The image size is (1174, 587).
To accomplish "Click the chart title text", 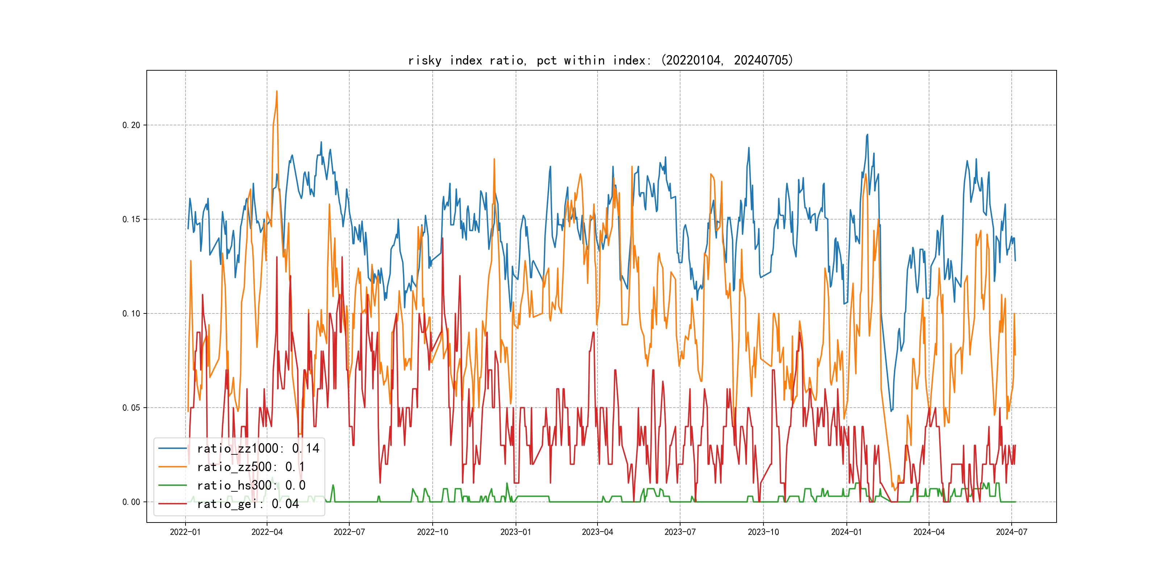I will tap(601, 60).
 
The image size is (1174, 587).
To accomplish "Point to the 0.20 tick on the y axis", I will tap(131, 125).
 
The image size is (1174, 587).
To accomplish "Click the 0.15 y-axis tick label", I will tap(131, 220).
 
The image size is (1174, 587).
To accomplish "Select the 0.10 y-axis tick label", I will tap(131, 313).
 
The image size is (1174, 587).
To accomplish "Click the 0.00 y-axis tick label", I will tap(131, 502).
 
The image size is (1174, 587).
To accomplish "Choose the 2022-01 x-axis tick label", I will tap(185, 532).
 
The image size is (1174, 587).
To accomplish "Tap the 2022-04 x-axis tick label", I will tap(267, 532).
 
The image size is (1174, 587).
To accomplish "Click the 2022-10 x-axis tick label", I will tap(433, 532).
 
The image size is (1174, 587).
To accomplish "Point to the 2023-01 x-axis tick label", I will tap(516, 532).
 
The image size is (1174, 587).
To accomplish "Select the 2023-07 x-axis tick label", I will tap(680, 532).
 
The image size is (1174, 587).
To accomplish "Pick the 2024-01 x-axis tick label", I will tap(846, 532).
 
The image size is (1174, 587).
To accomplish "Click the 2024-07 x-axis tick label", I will tap(1011, 532).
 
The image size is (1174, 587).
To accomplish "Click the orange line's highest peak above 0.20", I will tap(276, 91).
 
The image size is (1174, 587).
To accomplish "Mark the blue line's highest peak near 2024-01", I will tap(867, 134).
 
